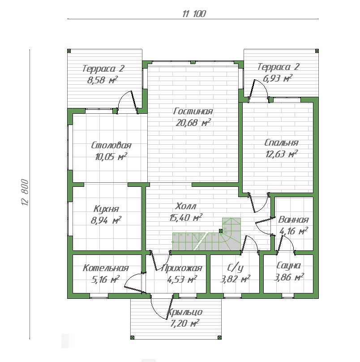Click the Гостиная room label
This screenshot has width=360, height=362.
[193, 111]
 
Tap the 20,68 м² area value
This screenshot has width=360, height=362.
[193, 122]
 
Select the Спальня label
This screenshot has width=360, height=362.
[281, 142]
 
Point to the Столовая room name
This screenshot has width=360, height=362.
[111, 146]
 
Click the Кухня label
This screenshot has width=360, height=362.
[106, 209]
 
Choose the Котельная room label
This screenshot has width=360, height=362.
[106, 268]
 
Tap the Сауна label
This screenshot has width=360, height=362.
[288, 266]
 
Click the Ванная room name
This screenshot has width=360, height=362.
[293, 220]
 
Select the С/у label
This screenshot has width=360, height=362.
[235, 268]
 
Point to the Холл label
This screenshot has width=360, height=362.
[185, 206]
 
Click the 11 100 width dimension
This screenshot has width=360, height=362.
[194, 14]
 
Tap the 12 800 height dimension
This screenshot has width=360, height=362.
[25, 192]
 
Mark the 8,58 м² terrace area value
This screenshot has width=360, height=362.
[103, 80]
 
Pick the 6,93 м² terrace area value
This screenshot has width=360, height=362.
[278, 78]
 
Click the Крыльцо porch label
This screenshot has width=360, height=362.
[184, 312]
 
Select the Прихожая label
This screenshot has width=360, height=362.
[182, 268]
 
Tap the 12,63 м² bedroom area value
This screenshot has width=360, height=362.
[282, 154]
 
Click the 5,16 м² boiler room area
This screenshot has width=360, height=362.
[105, 280]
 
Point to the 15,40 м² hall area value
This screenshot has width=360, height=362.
[186, 217]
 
